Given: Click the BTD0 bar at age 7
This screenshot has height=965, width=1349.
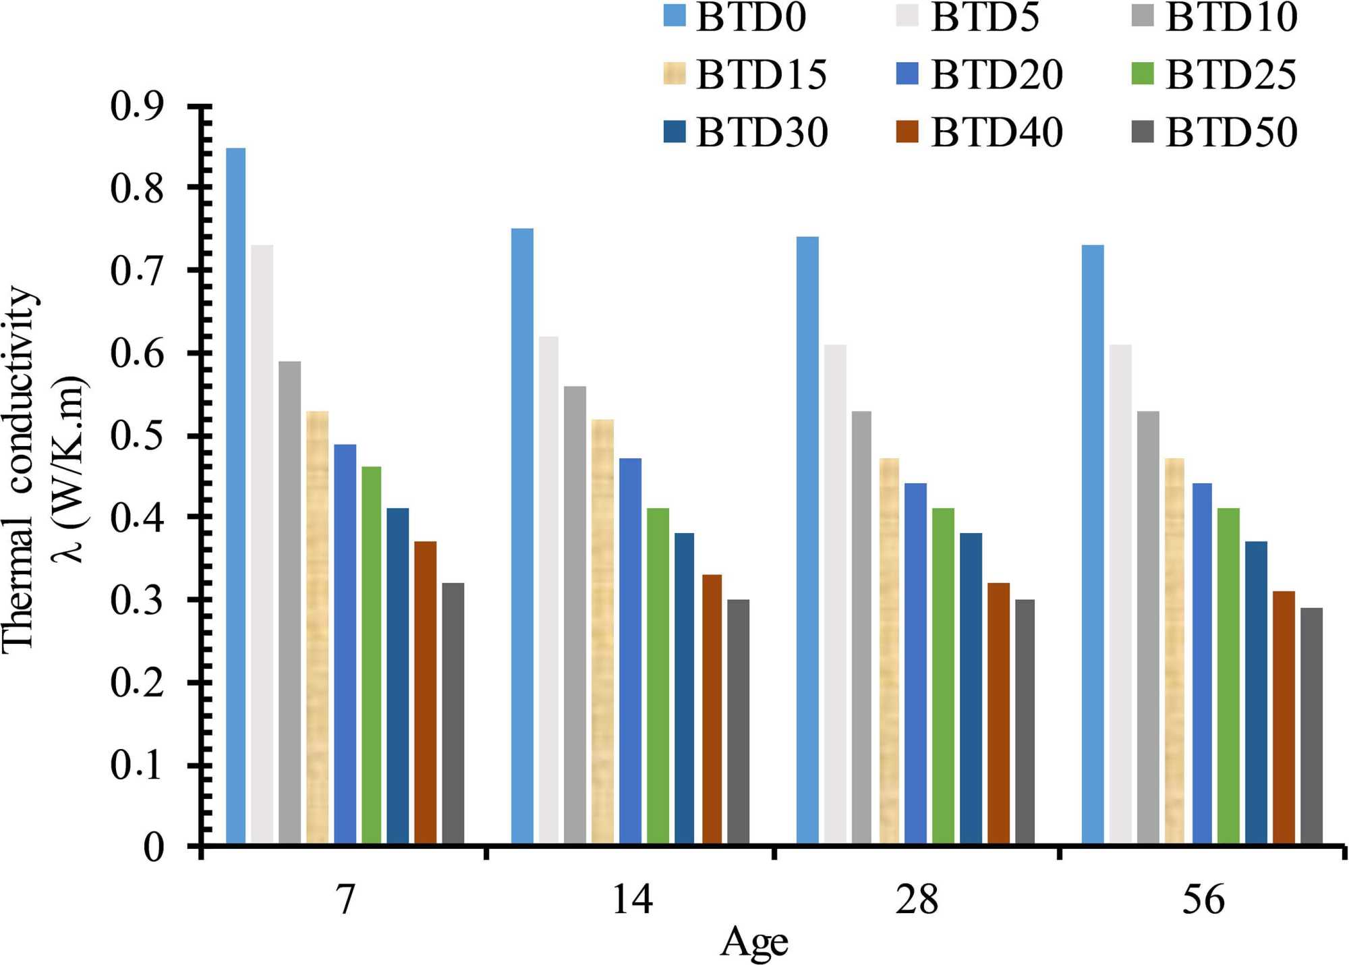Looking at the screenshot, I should click(x=235, y=496).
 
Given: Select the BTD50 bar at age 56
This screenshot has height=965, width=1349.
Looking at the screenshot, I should click(x=1311, y=725).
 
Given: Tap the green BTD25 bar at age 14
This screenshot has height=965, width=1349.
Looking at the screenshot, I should click(x=658, y=675).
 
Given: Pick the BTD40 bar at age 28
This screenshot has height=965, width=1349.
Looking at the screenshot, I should click(x=998, y=713).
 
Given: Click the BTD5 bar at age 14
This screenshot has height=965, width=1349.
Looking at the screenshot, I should click(x=548, y=590).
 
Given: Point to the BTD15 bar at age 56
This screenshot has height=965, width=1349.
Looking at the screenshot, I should click(x=1174, y=651).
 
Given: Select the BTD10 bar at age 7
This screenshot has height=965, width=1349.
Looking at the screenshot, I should click(x=289, y=603).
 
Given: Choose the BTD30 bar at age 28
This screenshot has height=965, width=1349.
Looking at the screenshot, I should click(x=971, y=688).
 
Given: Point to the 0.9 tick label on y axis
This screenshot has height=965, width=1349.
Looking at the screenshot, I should click(x=137, y=106).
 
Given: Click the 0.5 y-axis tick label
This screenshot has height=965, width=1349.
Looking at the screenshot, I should click(x=137, y=437).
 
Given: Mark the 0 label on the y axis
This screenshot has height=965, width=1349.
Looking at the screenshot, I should click(x=153, y=847).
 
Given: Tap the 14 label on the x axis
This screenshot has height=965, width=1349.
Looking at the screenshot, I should click(x=631, y=900).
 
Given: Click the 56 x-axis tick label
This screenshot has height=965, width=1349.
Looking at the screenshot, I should click(x=1203, y=900).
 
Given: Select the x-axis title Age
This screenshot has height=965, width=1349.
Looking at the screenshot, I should click(x=754, y=942).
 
